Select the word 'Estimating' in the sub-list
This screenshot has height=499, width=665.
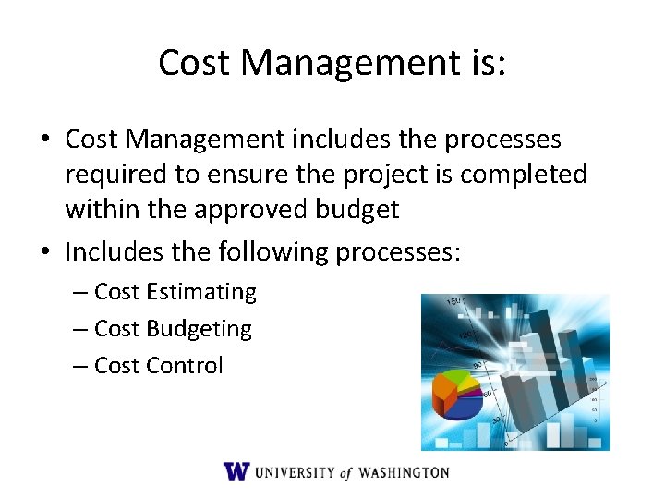(x=201, y=292)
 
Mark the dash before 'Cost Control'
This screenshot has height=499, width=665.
(x=80, y=366)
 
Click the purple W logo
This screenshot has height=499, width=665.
(x=236, y=471)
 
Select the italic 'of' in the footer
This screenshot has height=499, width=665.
(x=345, y=472)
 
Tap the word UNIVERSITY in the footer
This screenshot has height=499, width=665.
(x=295, y=472)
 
